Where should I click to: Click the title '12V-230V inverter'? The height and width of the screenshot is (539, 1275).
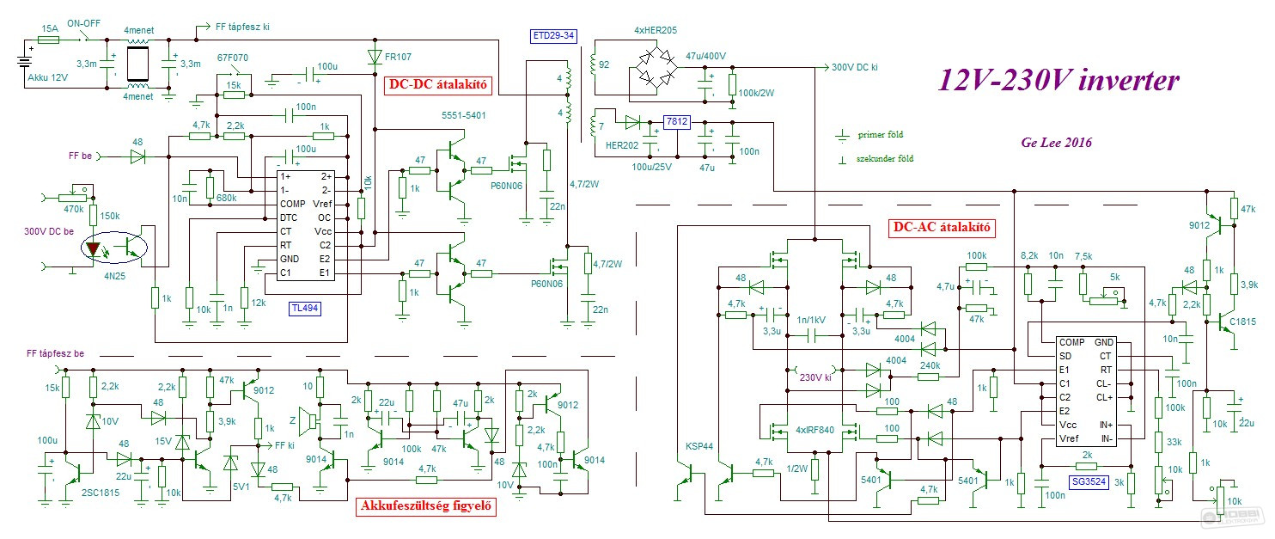(x=1058, y=80)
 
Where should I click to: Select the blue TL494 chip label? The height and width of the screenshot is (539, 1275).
(x=305, y=309)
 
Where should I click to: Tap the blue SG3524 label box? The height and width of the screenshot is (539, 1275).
(x=1089, y=481)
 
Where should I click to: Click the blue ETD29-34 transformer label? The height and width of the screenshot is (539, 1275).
(x=553, y=36)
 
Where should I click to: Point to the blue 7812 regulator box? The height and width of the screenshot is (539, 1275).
(x=677, y=121)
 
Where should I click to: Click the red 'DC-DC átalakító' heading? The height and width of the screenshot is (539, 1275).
(x=437, y=85)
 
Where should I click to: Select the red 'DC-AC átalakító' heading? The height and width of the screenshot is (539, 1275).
(x=942, y=227)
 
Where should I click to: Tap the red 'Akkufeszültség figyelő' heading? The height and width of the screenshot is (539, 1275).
(x=426, y=506)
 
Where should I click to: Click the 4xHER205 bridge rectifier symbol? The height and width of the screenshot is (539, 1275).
(x=656, y=67)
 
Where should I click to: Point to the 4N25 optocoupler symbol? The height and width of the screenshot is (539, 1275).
(x=113, y=248)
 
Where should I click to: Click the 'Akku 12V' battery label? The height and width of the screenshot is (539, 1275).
(x=47, y=77)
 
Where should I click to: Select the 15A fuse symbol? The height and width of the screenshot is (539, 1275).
(x=48, y=40)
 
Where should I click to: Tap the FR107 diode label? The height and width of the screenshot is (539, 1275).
(x=398, y=57)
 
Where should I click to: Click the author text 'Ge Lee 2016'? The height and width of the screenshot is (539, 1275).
(x=1057, y=143)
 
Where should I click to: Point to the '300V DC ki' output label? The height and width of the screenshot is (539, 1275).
(x=854, y=67)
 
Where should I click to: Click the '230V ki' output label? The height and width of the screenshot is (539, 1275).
(x=815, y=377)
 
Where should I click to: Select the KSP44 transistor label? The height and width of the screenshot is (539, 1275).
(x=699, y=446)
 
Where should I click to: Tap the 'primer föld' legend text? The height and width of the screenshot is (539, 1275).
(x=880, y=134)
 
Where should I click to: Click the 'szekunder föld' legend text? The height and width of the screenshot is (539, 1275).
(x=885, y=158)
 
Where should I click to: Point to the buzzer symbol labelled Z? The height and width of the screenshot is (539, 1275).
(x=310, y=420)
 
